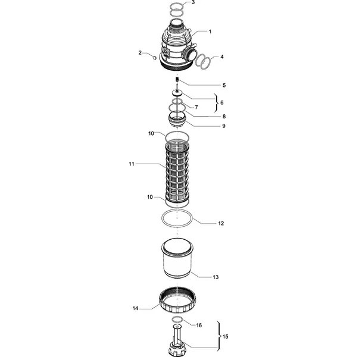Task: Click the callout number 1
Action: [210, 32]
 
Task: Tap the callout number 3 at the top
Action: [194, 2]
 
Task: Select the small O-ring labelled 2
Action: [154, 57]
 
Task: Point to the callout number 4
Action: [222, 57]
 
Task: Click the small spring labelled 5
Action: [177, 79]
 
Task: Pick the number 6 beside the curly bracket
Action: [222, 102]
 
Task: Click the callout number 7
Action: [196, 107]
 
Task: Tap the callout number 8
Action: [224, 117]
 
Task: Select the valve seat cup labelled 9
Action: [177, 120]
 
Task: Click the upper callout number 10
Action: [151, 134]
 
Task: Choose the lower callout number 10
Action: [150, 197]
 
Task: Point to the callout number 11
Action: [132, 164]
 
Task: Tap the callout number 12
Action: [221, 223]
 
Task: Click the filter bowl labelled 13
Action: [177, 258]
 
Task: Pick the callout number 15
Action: [225, 337]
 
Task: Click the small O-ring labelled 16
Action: [177, 320]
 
